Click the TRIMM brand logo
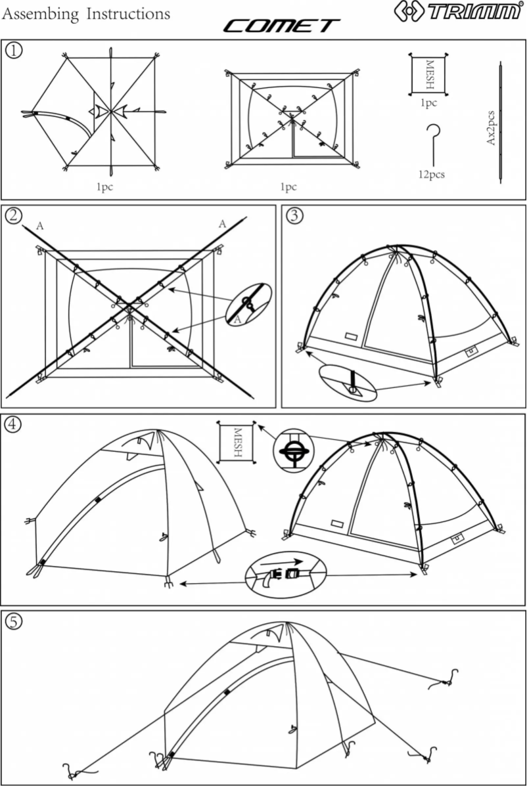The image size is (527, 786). (458, 11)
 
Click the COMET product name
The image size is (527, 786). (281, 26)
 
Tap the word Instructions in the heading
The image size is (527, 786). (128, 13)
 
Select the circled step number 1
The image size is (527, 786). (13, 50)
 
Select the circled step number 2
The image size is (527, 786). (13, 215)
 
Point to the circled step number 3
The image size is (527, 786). (295, 215)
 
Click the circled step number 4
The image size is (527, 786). (13, 424)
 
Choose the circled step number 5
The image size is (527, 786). (13, 621)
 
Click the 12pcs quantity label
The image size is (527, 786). (431, 175)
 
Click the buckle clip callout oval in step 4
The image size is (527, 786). (285, 571)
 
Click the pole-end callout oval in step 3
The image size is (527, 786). (348, 383)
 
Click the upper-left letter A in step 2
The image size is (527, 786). (40, 226)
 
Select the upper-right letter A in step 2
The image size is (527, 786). (222, 225)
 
